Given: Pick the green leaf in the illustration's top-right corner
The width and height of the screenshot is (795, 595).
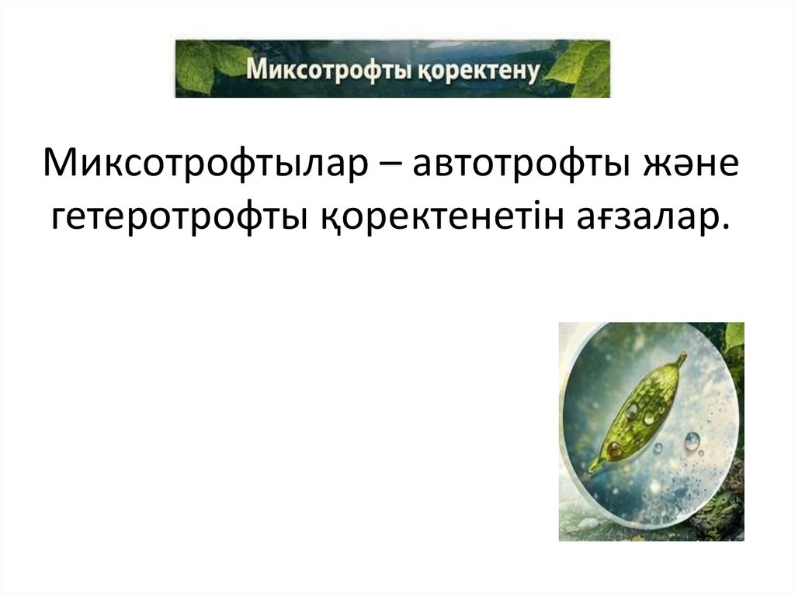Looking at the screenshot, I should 734,335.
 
